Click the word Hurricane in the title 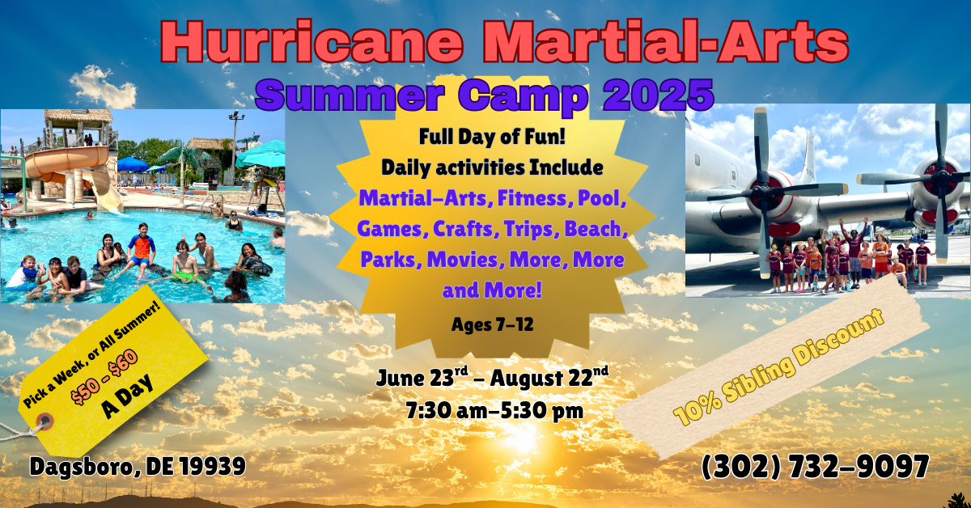click(312, 42)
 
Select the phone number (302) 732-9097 click(815, 468)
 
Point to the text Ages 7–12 click(493, 324)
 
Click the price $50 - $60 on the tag click(105, 377)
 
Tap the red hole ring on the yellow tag click(45, 421)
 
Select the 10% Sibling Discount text click(778, 367)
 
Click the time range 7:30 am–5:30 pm click(494, 410)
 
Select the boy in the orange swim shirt click(141, 252)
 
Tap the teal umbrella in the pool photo click(261, 155)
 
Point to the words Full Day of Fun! click(492, 137)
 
